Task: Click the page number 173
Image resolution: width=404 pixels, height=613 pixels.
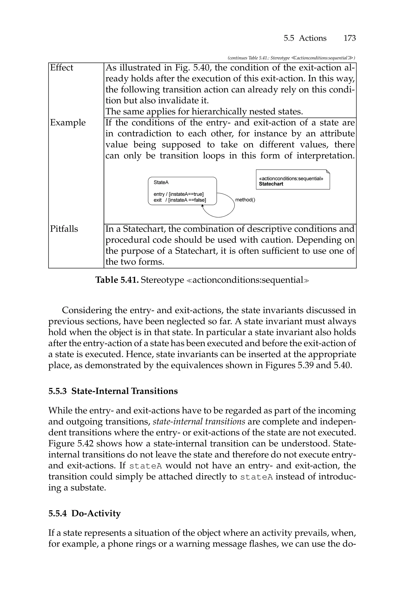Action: click(x=349, y=38)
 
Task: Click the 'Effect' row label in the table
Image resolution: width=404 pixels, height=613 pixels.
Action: click(x=62, y=68)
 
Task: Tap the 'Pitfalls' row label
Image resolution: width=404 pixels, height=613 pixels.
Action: click(x=64, y=229)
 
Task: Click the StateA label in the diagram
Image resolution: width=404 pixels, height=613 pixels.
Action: click(x=161, y=182)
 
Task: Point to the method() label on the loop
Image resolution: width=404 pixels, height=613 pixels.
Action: click(x=245, y=200)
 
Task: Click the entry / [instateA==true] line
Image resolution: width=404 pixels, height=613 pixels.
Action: click(x=178, y=194)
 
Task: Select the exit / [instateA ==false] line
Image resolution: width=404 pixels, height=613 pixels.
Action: click(x=180, y=200)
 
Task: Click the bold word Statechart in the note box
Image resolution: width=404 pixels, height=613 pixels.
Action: click(x=271, y=184)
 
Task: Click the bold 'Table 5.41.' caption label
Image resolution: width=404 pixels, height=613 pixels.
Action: click(x=117, y=280)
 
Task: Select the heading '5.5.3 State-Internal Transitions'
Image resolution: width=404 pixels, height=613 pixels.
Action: click(x=113, y=391)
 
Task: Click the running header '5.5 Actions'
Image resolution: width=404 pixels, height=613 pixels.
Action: click(x=305, y=38)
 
